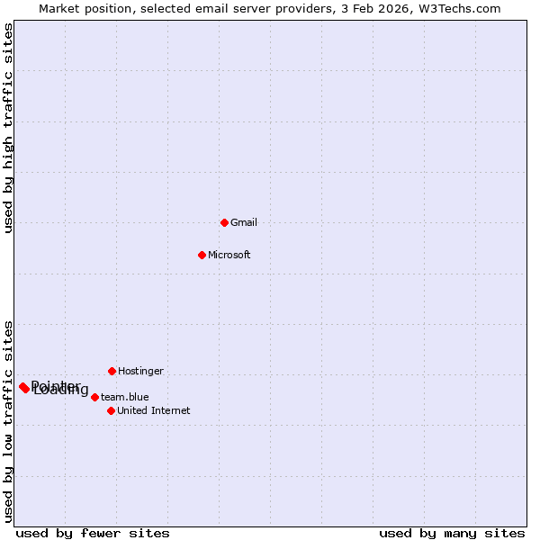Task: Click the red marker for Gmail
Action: (x=224, y=222)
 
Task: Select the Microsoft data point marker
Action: (x=202, y=255)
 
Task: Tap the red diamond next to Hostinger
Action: (x=112, y=371)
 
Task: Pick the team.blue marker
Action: (x=94, y=397)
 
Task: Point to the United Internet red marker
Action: (x=111, y=410)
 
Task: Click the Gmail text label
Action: (x=244, y=222)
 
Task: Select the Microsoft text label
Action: (x=229, y=255)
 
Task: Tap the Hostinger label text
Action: (x=140, y=371)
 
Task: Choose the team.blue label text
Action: (x=125, y=397)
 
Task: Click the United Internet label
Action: (x=153, y=410)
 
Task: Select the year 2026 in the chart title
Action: (x=392, y=8)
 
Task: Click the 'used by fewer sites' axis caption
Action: (x=93, y=533)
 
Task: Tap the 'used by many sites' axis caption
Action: (x=452, y=533)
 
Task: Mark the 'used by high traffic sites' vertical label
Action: (x=8, y=129)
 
